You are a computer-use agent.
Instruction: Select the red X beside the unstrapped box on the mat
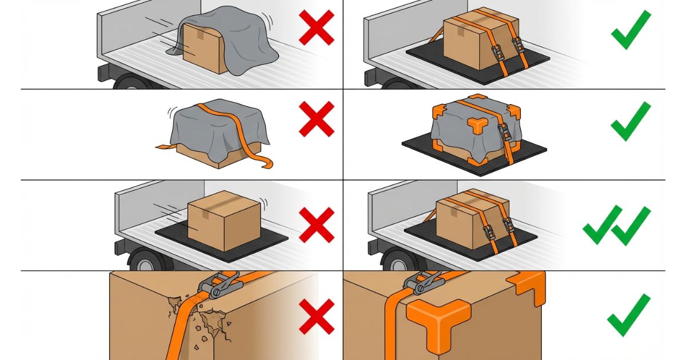click(316, 224)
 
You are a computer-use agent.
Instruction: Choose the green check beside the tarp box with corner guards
click(630, 121)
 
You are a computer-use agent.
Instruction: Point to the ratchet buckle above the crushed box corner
click(221, 284)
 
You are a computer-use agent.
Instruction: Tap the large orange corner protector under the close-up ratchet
click(439, 319)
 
